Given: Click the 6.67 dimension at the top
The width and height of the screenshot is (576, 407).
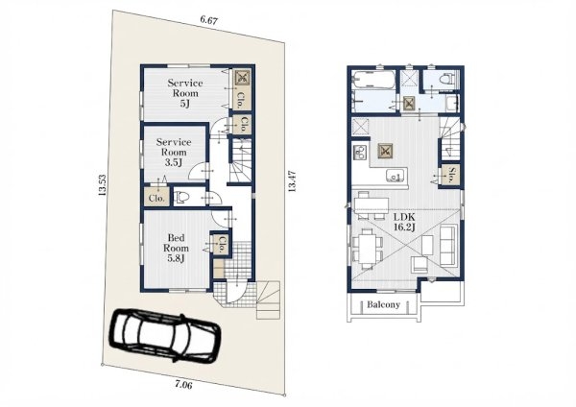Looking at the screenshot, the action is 208,20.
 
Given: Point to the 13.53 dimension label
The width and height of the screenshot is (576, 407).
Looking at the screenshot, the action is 103,184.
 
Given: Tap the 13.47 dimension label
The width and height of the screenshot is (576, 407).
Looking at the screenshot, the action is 292,181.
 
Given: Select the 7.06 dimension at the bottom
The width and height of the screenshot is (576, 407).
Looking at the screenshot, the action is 183,385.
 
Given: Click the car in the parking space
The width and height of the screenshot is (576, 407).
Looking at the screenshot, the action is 165,336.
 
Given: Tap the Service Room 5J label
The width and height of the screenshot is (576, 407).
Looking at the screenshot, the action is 185,93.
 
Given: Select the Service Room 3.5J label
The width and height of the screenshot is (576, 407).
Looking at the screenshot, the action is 174,152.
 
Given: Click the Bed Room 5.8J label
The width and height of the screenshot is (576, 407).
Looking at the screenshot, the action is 176,248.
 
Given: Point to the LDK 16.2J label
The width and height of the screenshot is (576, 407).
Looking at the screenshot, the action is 404,223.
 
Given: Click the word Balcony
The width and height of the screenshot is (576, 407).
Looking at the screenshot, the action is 383,304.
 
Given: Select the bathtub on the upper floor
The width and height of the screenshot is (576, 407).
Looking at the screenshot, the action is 372,80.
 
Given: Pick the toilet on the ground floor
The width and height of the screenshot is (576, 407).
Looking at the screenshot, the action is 181,198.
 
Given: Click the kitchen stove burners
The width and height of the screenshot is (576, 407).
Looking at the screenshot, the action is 360,152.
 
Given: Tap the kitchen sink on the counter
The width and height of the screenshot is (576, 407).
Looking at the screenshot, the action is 396,176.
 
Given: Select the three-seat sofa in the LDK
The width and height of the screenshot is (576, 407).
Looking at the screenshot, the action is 448,245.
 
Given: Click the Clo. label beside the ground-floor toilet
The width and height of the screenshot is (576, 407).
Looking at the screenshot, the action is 156,198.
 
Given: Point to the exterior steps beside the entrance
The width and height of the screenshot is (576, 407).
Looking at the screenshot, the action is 268,299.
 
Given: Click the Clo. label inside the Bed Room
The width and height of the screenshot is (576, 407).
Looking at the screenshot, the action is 222,244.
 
